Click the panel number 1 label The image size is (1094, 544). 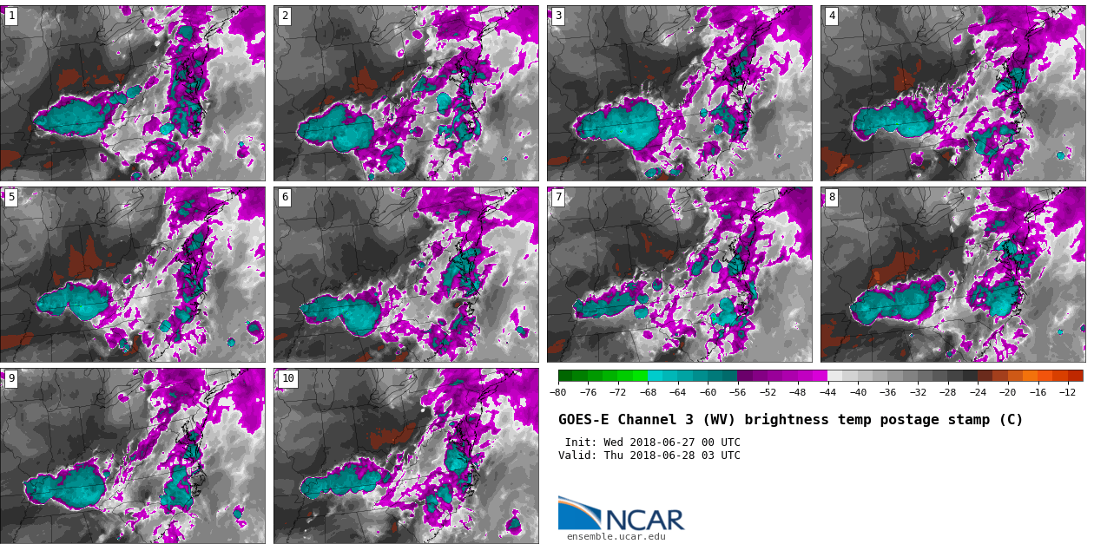click(x=11, y=16)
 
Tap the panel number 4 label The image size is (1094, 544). click(x=832, y=16)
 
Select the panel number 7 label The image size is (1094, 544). click(x=558, y=198)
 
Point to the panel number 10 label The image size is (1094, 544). click(x=287, y=379)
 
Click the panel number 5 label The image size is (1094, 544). click(x=11, y=198)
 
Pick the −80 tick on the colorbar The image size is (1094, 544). click(x=558, y=392)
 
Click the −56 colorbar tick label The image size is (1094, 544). click(x=738, y=392)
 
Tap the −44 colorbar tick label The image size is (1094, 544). click(x=827, y=392)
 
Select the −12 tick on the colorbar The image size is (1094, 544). click(x=1067, y=392)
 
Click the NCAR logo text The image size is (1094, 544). click(x=644, y=520)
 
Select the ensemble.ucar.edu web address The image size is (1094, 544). click(x=616, y=537)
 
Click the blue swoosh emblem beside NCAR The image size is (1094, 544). click(x=578, y=514)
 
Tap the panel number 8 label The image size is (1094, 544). click(x=832, y=198)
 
